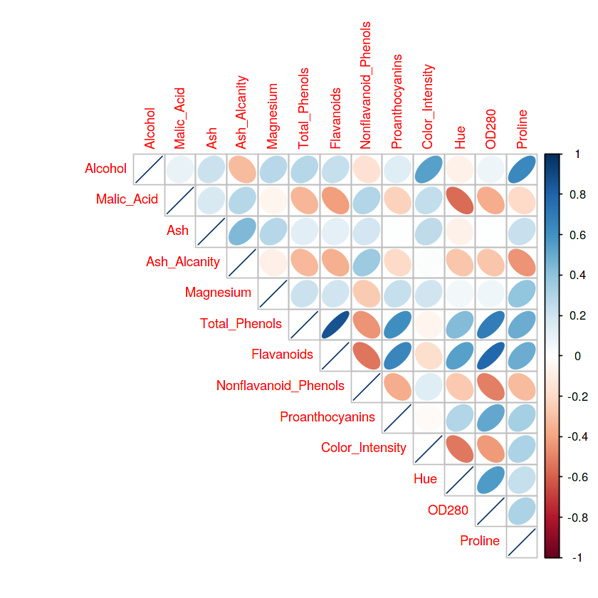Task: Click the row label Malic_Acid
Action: click(x=127, y=199)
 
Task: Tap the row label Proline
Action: click(x=480, y=541)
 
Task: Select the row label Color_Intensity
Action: click(x=363, y=448)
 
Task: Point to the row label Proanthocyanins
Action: click(x=327, y=416)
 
